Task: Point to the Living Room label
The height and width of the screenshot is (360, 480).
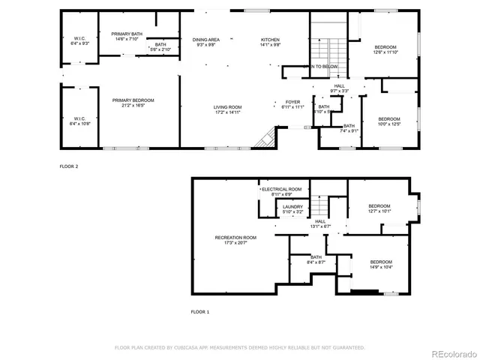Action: (x=227, y=109)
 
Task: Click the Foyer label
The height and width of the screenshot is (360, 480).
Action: (x=293, y=104)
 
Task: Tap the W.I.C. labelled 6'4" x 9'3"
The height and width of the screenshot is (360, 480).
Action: (x=79, y=40)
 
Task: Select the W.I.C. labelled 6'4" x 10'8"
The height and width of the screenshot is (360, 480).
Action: (x=79, y=121)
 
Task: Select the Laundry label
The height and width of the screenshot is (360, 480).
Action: (x=292, y=208)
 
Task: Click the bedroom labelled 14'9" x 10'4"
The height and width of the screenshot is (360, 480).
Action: (x=380, y=264)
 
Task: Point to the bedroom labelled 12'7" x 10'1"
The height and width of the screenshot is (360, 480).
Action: (x=379, y=208)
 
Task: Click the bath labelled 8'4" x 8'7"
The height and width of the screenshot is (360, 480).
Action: (x=316, y=259)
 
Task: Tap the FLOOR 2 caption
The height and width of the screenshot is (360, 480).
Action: (x=68, y=166)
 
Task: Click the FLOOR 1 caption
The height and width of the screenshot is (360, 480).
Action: (x=200, y=310)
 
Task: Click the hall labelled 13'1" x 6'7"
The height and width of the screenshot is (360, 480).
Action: (x=319, y=223)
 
